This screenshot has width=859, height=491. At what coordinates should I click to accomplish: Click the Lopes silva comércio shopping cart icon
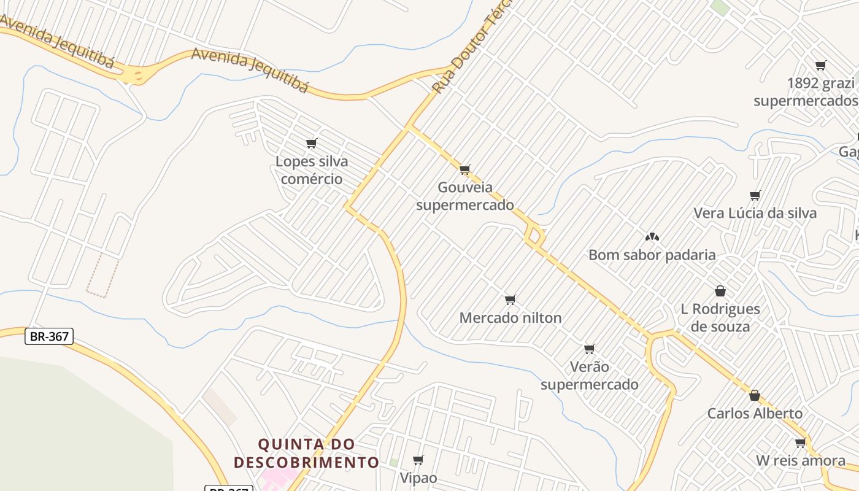pyautogui.click(x=311, y=144)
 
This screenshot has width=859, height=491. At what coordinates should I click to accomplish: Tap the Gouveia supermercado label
pyautogui.click(x=465, y=196)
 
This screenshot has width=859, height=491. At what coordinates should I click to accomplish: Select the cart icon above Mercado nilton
pyautogui.click(x=510, y=300)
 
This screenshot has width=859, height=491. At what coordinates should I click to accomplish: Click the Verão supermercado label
pyautogui.click(x=589, y=376)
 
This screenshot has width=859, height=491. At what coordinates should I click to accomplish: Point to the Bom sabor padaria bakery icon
pyautogui.click(x=652, y=236)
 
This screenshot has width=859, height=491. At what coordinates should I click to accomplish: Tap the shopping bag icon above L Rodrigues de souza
pyautogui.click(x=720, y=291)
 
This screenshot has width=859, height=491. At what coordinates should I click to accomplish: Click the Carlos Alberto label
pyautogui.click(x=755, y=413)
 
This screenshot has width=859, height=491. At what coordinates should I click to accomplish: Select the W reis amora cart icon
pyautogui.click(x=800, y=443)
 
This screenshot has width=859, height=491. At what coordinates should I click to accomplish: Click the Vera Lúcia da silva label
pyautogui.click(x=755, y=213)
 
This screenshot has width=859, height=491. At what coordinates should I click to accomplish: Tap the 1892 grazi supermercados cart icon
pyautogui.click(x=820, y=65)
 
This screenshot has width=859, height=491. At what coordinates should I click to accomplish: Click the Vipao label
pyautogui.click(x=418, y=477)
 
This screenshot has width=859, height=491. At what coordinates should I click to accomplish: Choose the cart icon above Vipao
pyautogui.click(x=418, y=460)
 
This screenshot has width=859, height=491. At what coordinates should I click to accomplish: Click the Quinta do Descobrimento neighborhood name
pyautogui.click(x=307, y=453)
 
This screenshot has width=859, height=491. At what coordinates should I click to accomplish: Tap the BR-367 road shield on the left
pyautogui.click(x=49, y=336)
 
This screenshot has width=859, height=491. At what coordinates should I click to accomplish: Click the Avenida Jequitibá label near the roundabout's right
pyautogui.click(x=250, y=70)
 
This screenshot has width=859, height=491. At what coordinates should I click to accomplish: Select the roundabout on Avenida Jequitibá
pyautogui.click(x=139, y=75)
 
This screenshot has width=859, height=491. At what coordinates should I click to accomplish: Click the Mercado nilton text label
pyautogui.click(x=510, y=318)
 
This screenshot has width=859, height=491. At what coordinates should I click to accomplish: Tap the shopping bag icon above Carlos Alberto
pyautogui.click(x=754, y=395)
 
